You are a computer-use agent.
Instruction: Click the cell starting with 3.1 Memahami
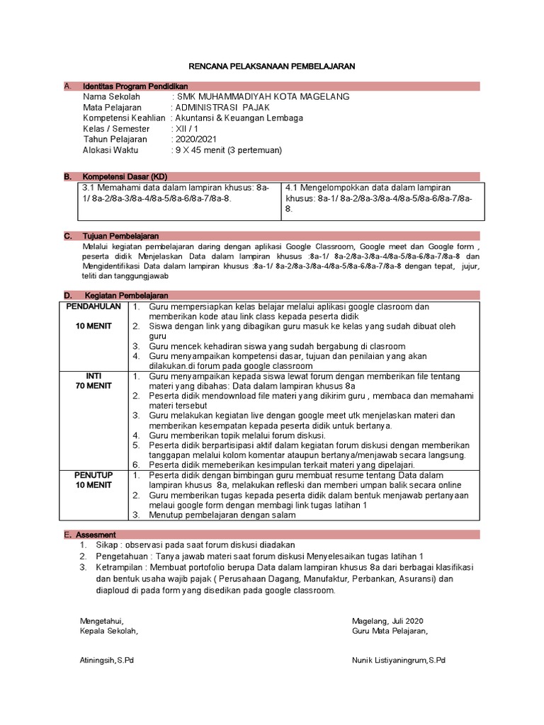[176, 193]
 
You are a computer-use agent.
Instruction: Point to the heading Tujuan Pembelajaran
[120, 236]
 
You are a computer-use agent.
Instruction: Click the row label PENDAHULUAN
[94, 307]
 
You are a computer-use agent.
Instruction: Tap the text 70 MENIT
[94, 387]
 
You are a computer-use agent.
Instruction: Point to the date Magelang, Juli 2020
[387, 620]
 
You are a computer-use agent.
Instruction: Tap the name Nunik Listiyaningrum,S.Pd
[398, 660]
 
